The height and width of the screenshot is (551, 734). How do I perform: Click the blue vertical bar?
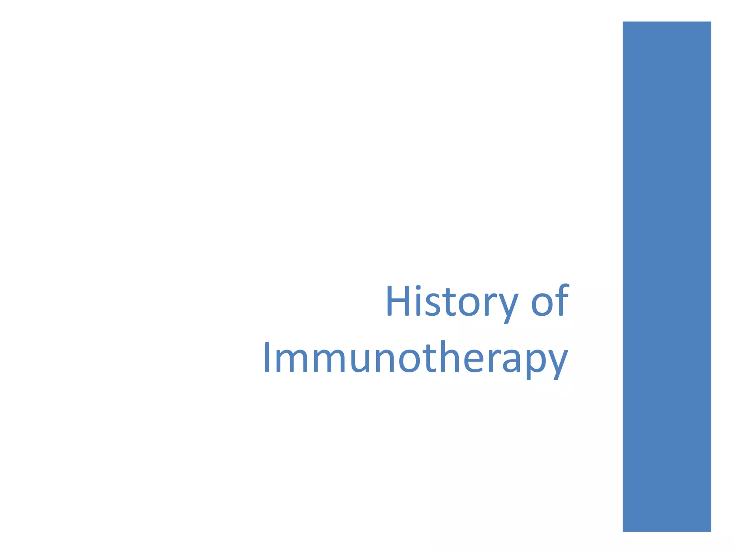point(667,276)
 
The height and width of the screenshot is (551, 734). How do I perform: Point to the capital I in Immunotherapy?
point(267,357)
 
